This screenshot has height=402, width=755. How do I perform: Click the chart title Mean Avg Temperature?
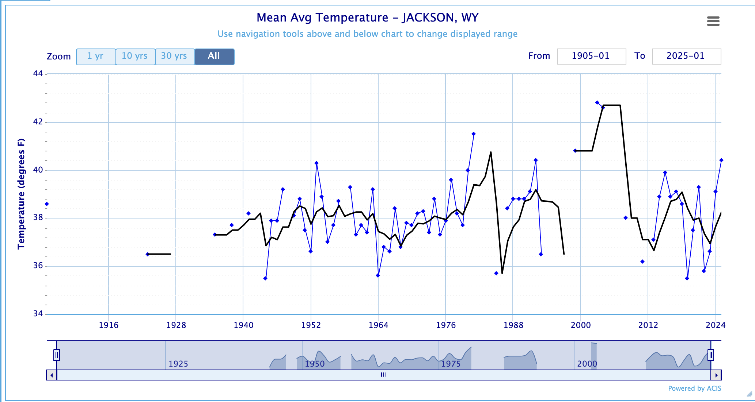(367, 18)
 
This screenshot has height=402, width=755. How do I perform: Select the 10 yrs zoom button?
(135, 57)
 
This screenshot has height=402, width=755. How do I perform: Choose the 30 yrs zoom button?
(174, 57)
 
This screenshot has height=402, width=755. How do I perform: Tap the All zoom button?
(214, 57)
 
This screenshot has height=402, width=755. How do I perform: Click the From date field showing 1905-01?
(591, 56)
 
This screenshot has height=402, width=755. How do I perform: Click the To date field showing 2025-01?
(686, 56)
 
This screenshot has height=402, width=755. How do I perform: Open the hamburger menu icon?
(713, 21)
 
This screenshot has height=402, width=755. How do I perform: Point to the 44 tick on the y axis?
(38, 74)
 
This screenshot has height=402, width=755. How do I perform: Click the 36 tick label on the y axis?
(38, 266)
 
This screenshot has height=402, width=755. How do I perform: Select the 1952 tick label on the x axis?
(311, 325)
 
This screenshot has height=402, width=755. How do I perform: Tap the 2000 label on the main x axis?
(581, 325)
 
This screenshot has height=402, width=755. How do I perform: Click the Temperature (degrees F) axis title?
(21, 194)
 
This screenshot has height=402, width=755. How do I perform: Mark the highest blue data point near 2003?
(597, 103)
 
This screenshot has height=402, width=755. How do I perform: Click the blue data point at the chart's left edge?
(47, 204)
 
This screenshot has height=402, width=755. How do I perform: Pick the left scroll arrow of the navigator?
(52, 375)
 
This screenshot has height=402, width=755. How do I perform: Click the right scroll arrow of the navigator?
(716, 375)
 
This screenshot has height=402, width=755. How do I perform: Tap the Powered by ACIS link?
(694, 389)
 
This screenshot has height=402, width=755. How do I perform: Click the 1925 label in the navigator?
(178, 364)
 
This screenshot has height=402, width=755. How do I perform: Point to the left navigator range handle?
(57, 355)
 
